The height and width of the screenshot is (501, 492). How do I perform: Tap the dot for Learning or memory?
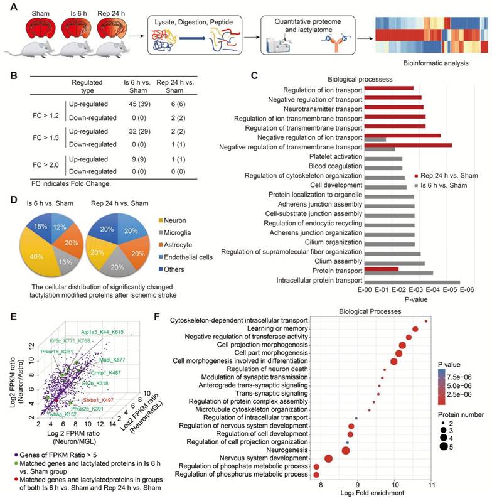pos(415,329)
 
